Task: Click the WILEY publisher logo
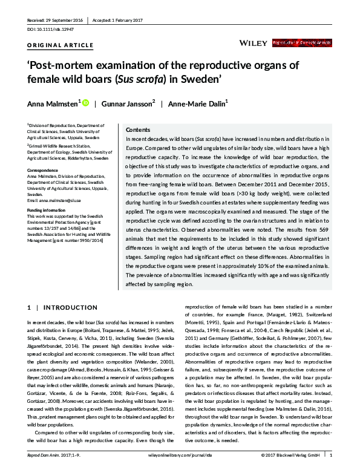(x=252, y=44)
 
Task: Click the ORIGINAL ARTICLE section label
(x=61, y=45)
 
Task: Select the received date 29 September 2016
(x=57, y=20)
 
